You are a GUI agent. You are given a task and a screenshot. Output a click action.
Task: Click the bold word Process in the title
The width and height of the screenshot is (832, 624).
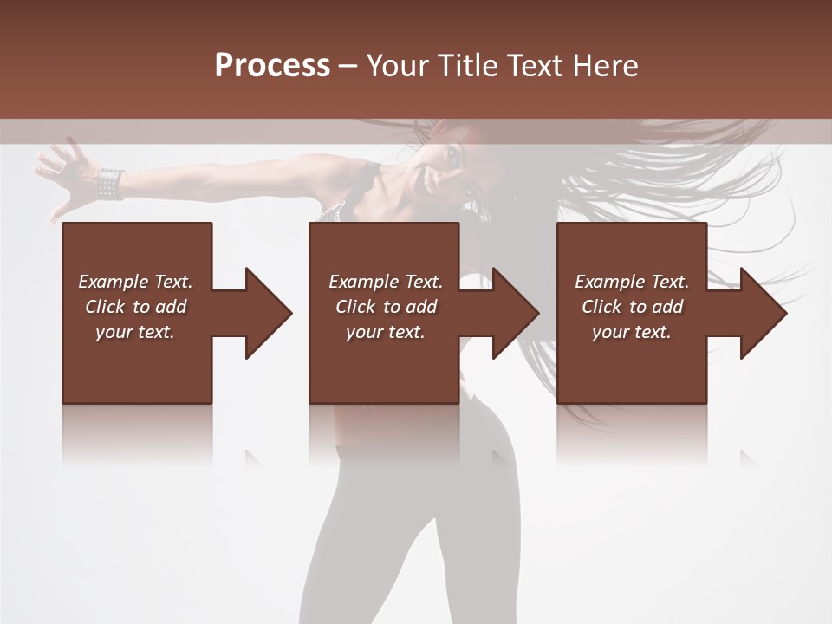[272, 66]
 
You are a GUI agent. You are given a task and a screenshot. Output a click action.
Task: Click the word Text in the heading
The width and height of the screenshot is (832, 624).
[532, 66]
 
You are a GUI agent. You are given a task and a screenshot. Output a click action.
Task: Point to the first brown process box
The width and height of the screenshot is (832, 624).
[137, 364]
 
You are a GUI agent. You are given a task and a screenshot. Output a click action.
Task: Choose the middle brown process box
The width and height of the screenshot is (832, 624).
[384, 364]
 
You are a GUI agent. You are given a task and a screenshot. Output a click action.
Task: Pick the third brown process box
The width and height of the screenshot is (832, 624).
[631, 364]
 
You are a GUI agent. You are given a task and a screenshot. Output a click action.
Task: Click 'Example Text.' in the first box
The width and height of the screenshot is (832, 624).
[135, 282]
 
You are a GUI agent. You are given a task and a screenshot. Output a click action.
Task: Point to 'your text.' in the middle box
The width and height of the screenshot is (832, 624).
[385, 332]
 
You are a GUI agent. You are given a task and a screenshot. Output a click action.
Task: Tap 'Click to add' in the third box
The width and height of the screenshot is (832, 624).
[631, 307]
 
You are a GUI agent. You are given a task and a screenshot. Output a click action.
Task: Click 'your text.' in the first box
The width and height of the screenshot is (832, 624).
[135, 332]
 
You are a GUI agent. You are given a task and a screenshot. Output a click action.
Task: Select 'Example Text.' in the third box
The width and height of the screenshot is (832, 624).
[632, 282]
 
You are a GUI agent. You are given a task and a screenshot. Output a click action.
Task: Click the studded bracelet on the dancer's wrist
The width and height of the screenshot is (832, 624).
[110, 184]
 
